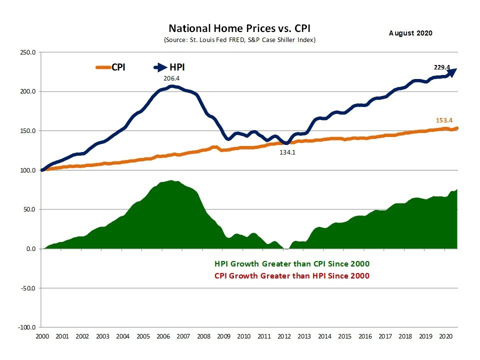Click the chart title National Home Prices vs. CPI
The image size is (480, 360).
tap(242, 28)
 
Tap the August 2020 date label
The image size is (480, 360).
tap(410, 33)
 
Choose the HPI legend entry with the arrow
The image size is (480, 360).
tap(173, 67)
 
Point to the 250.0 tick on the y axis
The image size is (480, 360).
tap(27, 52)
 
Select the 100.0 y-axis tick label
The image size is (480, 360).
tap(27, 170)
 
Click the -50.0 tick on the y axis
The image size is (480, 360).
tap(27, 288)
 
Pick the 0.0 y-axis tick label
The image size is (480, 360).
tap(30, 249)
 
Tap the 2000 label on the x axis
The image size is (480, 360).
tap(42, 337)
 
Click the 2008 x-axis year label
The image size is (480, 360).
tap(204, 337)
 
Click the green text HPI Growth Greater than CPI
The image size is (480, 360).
tap(292, 264)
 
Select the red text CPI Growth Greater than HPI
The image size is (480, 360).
tap(292, 275)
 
